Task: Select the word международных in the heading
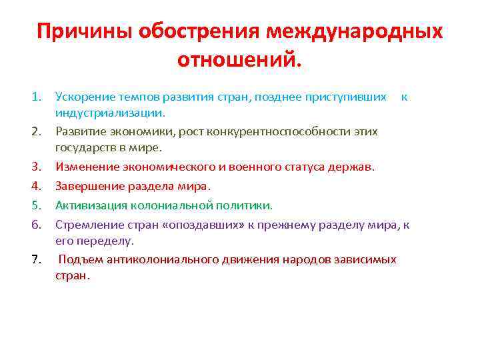(354, 32)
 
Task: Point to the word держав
(355, 166)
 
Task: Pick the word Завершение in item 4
(88, 185)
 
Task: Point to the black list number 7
(37, 259)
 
